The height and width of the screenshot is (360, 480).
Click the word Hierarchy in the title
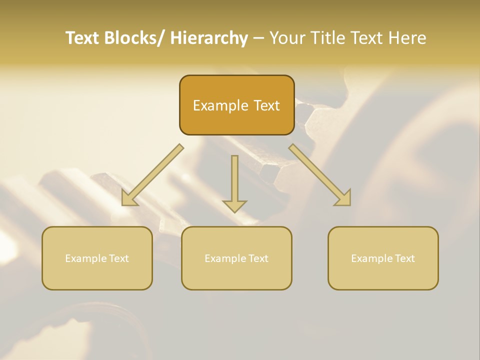(x=209, y=38)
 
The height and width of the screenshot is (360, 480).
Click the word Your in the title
(x=287, y=38)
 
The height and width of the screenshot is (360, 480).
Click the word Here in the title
(x=407, y=38)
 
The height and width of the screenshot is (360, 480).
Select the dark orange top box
(x=236, y=105)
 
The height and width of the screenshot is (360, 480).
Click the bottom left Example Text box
(x=97, y=258)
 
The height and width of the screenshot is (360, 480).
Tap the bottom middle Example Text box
(x=236, y=258)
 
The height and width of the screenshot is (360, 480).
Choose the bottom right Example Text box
(x=383, y=258)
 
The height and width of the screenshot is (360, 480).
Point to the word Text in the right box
(x=404, y=258)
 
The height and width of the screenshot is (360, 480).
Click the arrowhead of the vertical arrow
(x=234, y=205)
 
